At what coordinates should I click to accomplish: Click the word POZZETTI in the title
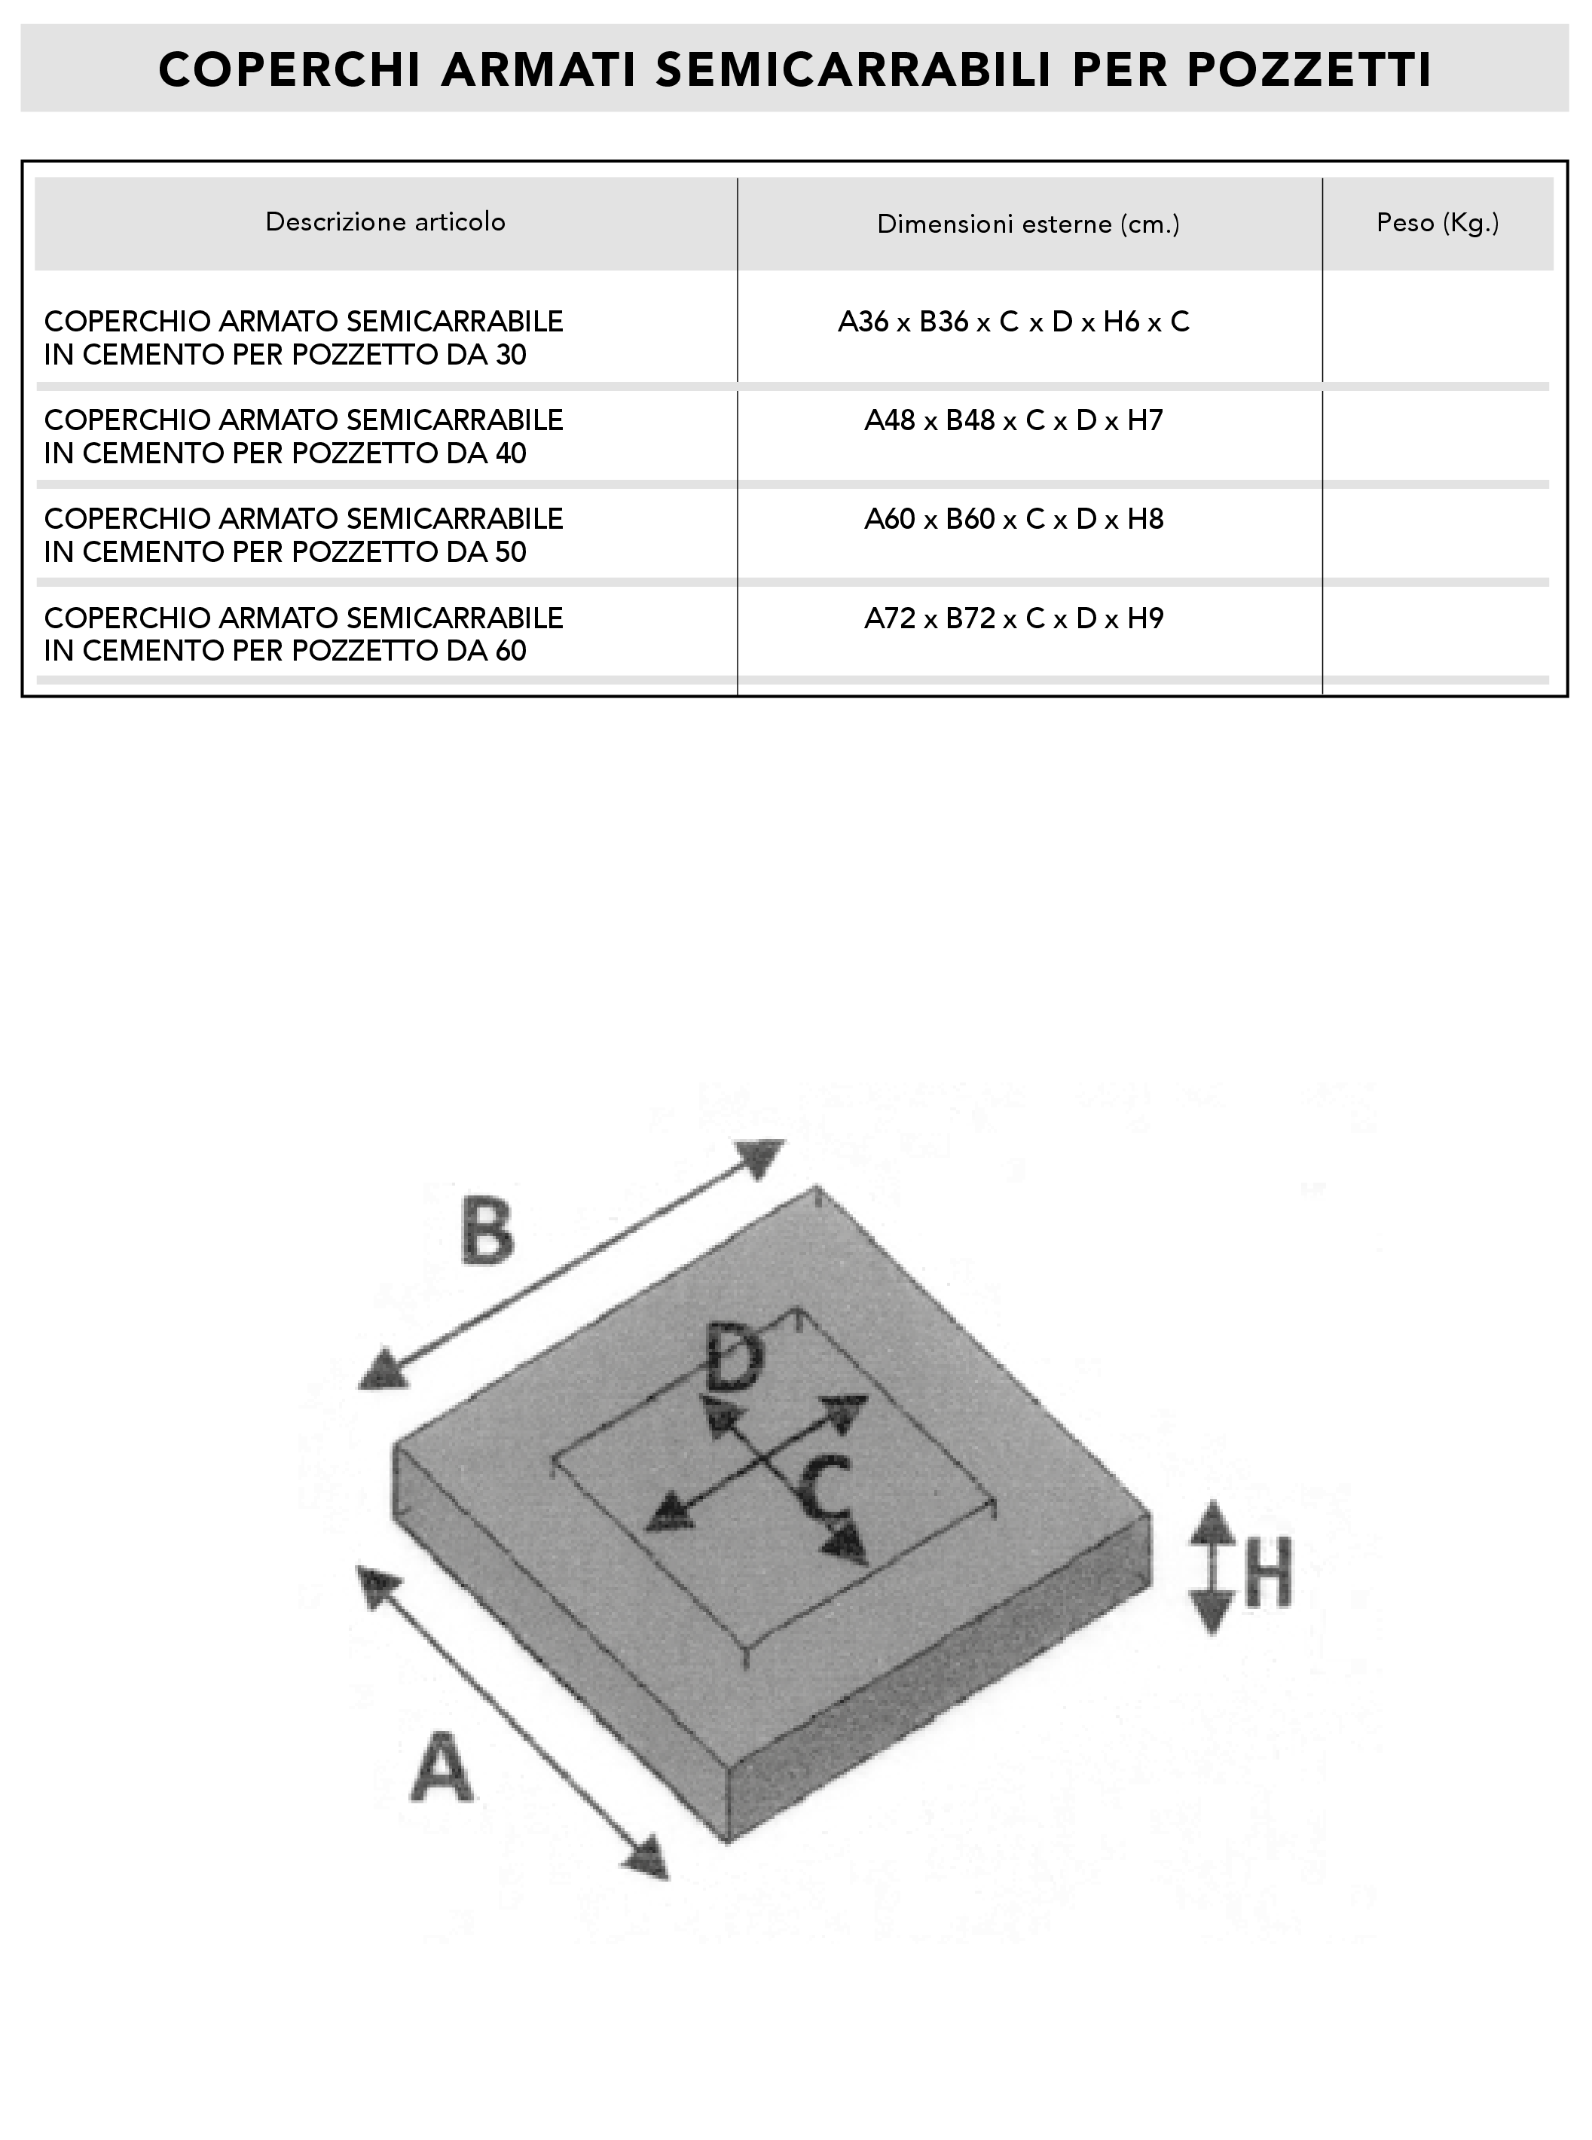[x=1309, y=69]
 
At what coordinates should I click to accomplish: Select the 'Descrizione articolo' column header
[x=386, y=221]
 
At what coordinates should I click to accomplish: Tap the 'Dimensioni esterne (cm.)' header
[x=1028, y=224]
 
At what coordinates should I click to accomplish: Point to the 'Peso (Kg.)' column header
[x=1438, y=222]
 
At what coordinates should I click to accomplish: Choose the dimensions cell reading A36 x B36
[x=1014, y=322]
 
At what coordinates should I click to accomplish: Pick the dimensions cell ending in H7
[x=1014, y=421]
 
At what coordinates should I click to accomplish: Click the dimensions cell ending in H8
[x=1014, y=519]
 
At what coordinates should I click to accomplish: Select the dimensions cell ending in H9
[x=1014, y=618]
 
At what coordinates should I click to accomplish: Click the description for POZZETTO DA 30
[x=304, y=338]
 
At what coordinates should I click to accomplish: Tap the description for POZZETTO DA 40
[x=304, y=436]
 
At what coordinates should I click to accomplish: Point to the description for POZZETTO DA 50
[x=304, y=535]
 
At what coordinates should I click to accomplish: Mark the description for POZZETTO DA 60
[x=304, y=634]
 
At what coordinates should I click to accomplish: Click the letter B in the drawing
[x=487, y=1229]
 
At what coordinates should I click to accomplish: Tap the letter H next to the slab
[x=1267, y=1573]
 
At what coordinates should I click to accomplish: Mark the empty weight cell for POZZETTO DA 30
[x=1437, y=328]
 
